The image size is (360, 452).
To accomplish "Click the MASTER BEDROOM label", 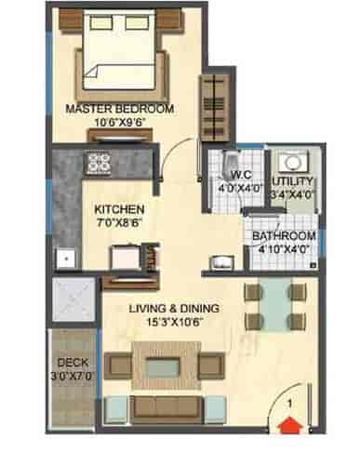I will click(x=119, y=109).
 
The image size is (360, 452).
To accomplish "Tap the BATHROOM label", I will click(x=284, y=236).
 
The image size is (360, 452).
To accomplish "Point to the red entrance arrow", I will click(x=289, y=426).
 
